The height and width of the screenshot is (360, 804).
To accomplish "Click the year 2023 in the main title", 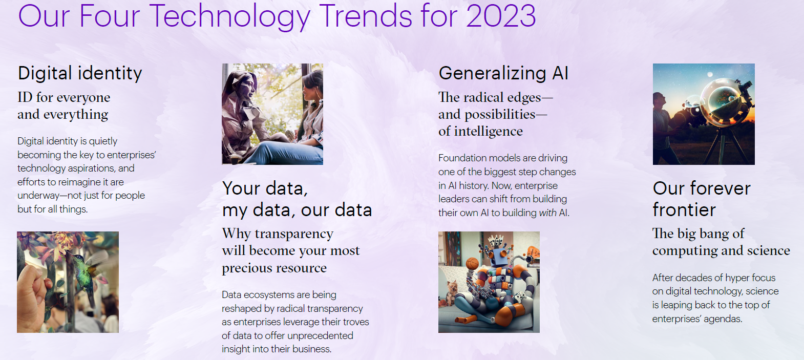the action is pyautogui.click(x=501, y=16).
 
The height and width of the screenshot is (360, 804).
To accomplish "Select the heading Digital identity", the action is pyautogui.click(x=80, y=73).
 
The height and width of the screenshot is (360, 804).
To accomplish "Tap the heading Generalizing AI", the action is pyautogui.click(x=503, y=73).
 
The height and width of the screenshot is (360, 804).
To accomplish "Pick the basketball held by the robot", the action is pyautogui.click(x=472, y=263).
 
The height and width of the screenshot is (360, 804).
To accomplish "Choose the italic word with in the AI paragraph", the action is pyautogui.click(x=548, y=213).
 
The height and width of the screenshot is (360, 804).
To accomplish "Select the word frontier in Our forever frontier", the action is pyautogui.click(x=684, y=209).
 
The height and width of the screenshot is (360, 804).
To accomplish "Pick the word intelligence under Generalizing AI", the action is pyautogui.click(x=489, y=132).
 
